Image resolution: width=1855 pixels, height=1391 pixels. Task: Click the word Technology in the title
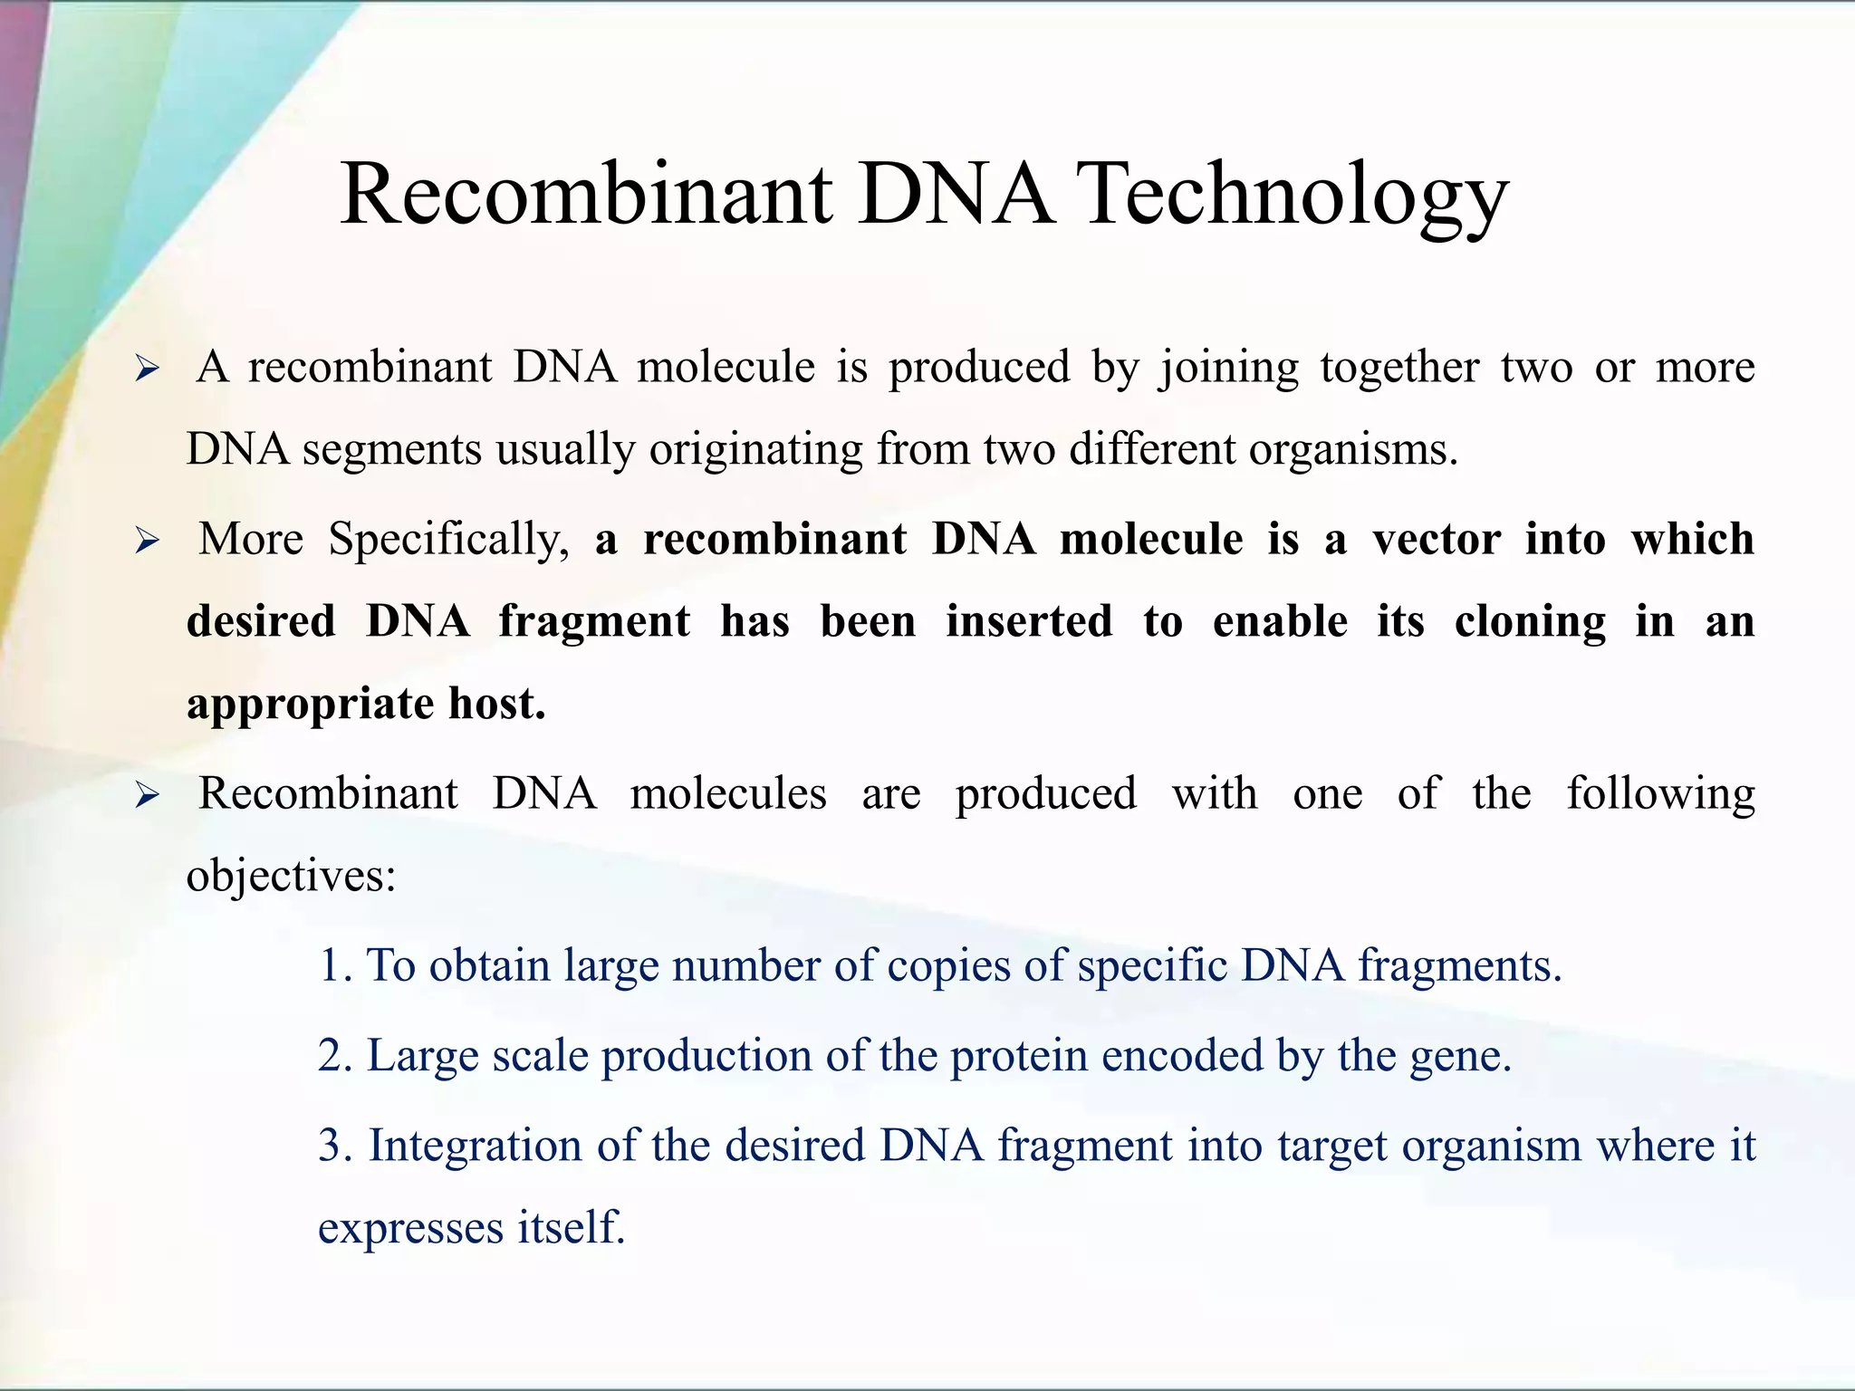(x=1295, y=195)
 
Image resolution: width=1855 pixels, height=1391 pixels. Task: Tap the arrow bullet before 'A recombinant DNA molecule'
(x=147, y=369)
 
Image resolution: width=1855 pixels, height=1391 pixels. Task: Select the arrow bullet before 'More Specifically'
(x=147, y=542)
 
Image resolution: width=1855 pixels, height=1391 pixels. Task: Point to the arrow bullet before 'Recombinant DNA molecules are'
(x=147, y=796)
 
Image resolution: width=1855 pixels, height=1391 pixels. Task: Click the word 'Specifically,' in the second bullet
(x=448, y=541)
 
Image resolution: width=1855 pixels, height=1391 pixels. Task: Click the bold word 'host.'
(x=497, y=704)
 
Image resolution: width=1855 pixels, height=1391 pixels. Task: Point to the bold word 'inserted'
(x=1029, y=622)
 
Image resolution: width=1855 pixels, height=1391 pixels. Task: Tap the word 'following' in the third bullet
(x=1660, y=794)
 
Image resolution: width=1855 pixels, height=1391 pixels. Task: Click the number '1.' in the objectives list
(x=334, y=966)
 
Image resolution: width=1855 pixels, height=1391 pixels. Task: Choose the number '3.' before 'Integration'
(x=334, y=1146)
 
